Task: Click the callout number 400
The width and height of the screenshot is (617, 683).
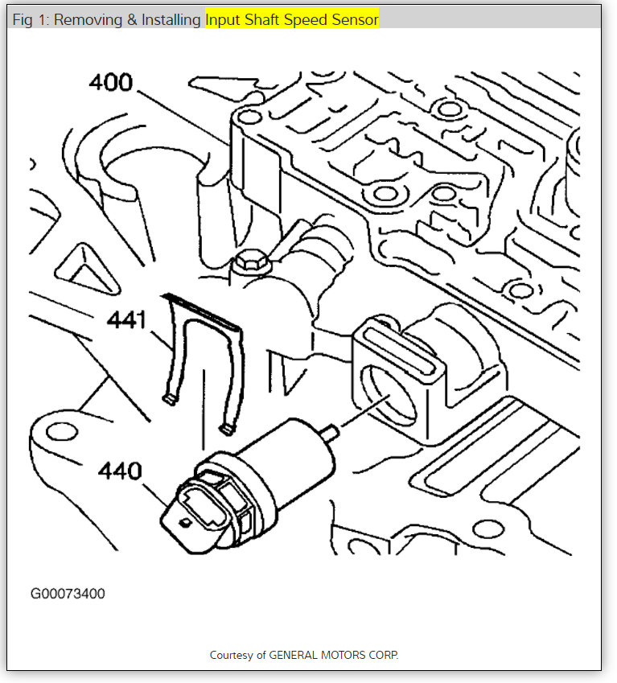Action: pyautogui.click(x=111, y=82)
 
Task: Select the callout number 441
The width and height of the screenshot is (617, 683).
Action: pyautogui.click(x=127, y=321)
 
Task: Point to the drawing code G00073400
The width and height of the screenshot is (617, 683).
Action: pyautogui.click(x=68, y=595)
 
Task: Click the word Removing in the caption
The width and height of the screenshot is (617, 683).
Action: pyautogui.click(x=86, y=20)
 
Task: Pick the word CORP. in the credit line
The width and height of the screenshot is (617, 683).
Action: pyautogui.click(x=384, y=655)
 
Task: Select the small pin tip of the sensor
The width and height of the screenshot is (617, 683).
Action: pyautogui.click(x=330, y=433)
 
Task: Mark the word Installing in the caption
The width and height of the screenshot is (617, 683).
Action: pyautogui.click(x=171, y=20)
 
